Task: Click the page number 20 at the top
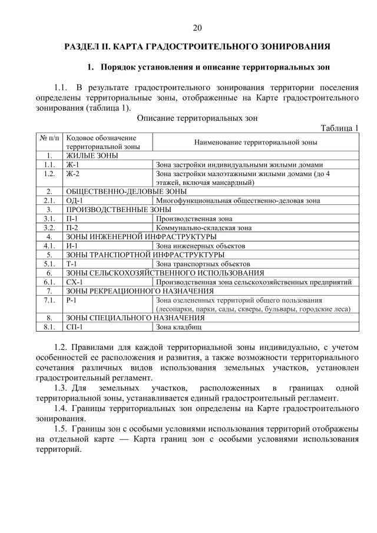[197, 28]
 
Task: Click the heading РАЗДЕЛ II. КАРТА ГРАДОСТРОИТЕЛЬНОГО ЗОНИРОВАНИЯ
[197, 46]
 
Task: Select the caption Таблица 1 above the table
[339, 128]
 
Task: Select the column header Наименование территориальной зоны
[255, 142]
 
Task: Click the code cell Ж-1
[72, 165]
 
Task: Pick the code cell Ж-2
[72, 174]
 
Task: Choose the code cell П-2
[72, 227]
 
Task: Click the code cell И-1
[72, 246]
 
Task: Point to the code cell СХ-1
[74, 282]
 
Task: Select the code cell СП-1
[74, 327]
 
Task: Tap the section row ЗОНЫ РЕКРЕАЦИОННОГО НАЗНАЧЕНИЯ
[140, 291]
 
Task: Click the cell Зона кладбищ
[179, 327]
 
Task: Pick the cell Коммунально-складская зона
[203, 227]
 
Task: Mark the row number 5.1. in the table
[49, 264]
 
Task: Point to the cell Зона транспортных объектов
[203, 264]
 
